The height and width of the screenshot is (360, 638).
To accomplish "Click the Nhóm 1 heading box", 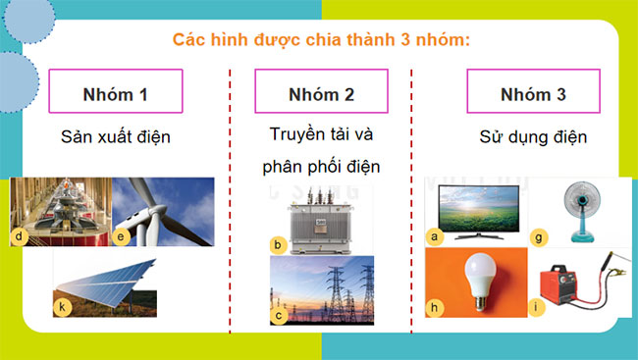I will coord(116,95).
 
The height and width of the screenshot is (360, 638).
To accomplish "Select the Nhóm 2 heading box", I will coord(321,95).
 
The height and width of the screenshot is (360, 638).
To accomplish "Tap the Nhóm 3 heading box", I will coord(533,95).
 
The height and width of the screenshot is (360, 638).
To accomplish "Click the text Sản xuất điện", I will coord(116,136).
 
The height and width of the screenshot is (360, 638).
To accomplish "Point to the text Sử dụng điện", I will coord(533,136).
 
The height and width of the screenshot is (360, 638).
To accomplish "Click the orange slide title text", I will coord(321,40).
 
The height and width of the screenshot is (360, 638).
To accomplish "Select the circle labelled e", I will coord(122,236).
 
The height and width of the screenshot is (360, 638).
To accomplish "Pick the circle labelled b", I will coord(278,244).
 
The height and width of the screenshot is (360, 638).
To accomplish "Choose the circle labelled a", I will coord(433,235).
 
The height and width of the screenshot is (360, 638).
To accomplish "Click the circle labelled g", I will coord(538,234).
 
